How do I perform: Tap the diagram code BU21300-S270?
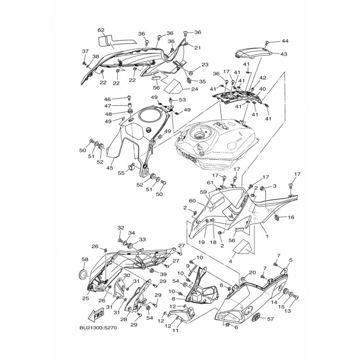(98, 328)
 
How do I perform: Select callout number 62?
(101, 30)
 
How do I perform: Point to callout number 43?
(284, 54)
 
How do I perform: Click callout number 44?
(285, 41)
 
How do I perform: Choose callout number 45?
(110, 168)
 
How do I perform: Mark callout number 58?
(85, 259)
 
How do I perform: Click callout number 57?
(270, 319)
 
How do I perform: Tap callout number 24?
(194, 89)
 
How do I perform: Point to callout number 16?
(291, 217)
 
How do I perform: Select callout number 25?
(85, 298)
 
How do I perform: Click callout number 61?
(210, 183)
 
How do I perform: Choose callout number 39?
(163, 274)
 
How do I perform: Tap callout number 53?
(183, 100)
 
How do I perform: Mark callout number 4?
(230, 261)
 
